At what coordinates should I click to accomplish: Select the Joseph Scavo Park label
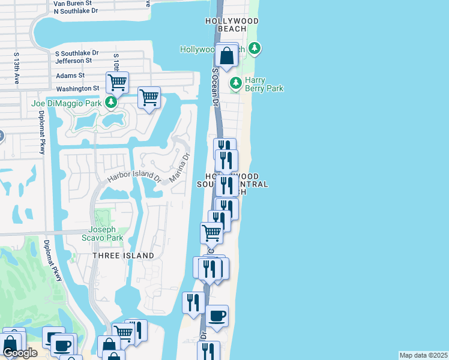(x=106, y=233)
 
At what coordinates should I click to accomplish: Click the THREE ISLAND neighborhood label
(x=123, y=256)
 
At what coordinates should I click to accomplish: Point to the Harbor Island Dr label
(x=134, y=178)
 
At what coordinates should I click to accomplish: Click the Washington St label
(x=77, y=88)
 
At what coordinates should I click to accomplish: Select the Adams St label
(x=70, y=76)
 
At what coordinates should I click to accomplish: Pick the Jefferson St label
(x=73, y=61)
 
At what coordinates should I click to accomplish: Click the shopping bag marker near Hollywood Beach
(x=227, y=56)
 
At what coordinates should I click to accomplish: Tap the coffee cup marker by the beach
(x=217, y=316)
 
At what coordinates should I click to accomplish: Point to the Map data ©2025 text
(x=423, y=355)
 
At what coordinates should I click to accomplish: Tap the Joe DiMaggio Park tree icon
(x=110, y=103)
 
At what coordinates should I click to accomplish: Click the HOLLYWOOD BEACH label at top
(x=232, y=25)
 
